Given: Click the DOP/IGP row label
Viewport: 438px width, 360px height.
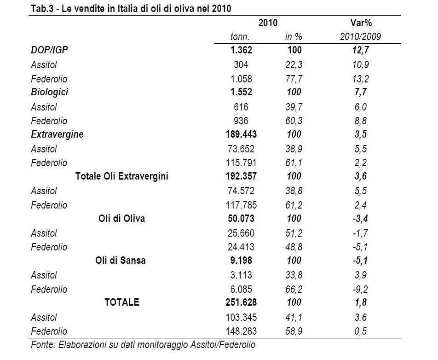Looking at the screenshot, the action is [x=49, y=50].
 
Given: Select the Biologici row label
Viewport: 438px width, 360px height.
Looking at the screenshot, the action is [x=49, y=92].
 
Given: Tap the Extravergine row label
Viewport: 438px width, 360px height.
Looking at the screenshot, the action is [x=57, y=134].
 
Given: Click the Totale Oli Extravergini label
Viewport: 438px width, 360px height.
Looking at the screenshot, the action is [x=122, y=176].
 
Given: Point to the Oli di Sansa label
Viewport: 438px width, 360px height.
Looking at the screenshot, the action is [x=121, y=260].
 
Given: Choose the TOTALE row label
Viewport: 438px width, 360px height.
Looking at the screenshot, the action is [x=122, y=302].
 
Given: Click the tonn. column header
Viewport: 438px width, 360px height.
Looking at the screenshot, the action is [x=240, y=37].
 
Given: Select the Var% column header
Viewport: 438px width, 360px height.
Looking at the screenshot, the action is [x=361, y=23].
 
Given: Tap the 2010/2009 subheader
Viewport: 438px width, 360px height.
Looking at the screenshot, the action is [x=360, y=37].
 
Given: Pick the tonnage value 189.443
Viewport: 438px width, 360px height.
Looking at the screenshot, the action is [x=241, y=134].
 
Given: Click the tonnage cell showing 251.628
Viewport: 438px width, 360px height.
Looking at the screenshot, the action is [x=241, y=302].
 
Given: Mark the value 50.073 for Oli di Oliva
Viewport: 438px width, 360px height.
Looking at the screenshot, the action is [x=241, y=218].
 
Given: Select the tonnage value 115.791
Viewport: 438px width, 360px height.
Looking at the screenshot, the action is [x=241, y=163].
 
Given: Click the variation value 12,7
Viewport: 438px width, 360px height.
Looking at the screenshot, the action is [x=361, y=50].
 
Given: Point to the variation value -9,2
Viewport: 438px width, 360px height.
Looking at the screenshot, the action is [x=360, y=289].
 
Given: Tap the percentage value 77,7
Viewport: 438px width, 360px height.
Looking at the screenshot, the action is [x=294, y=79].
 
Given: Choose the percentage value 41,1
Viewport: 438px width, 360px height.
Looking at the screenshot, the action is [x=294, y=317].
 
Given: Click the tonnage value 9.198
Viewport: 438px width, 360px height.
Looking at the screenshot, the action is [x=241, y=260].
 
